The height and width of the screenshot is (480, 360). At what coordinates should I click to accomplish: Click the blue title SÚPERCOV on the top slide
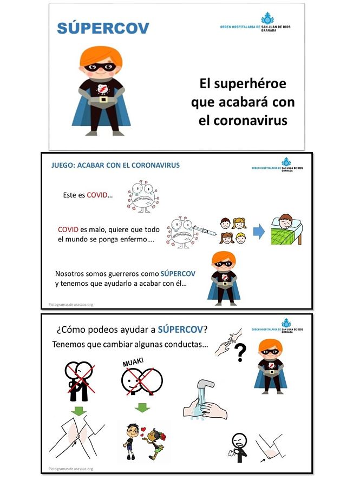coord(103,28)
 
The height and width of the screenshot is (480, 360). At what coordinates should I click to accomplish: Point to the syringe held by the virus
coord(203,231)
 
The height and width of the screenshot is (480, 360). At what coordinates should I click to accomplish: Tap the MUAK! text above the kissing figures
coord(132,360)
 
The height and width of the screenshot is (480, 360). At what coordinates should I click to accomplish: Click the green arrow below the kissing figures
coord(142,406)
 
